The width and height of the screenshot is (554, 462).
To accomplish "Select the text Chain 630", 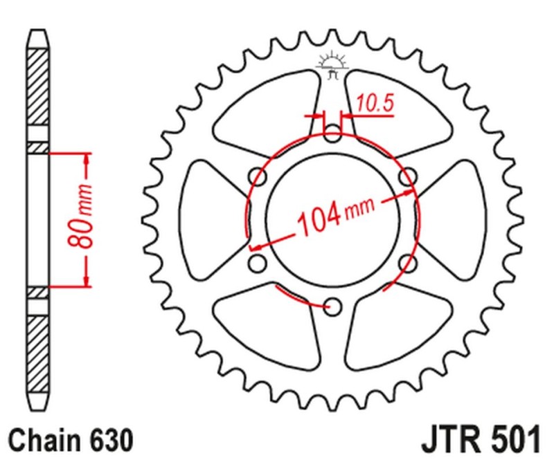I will [69, 438].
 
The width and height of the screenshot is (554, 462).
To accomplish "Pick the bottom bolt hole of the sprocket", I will [333, 305].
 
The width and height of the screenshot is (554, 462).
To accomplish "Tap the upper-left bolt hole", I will [258, 176].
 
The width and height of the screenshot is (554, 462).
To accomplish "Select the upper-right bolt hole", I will [409, 176].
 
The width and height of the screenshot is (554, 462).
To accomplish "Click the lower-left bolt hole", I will [258, 263].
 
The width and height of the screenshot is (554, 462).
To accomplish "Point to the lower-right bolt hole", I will [409, 263].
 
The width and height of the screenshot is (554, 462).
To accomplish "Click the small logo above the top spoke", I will [333, 64].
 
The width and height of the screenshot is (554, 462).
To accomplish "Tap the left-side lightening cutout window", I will [208, 218].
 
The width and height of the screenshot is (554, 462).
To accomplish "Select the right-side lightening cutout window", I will [458, 218].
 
